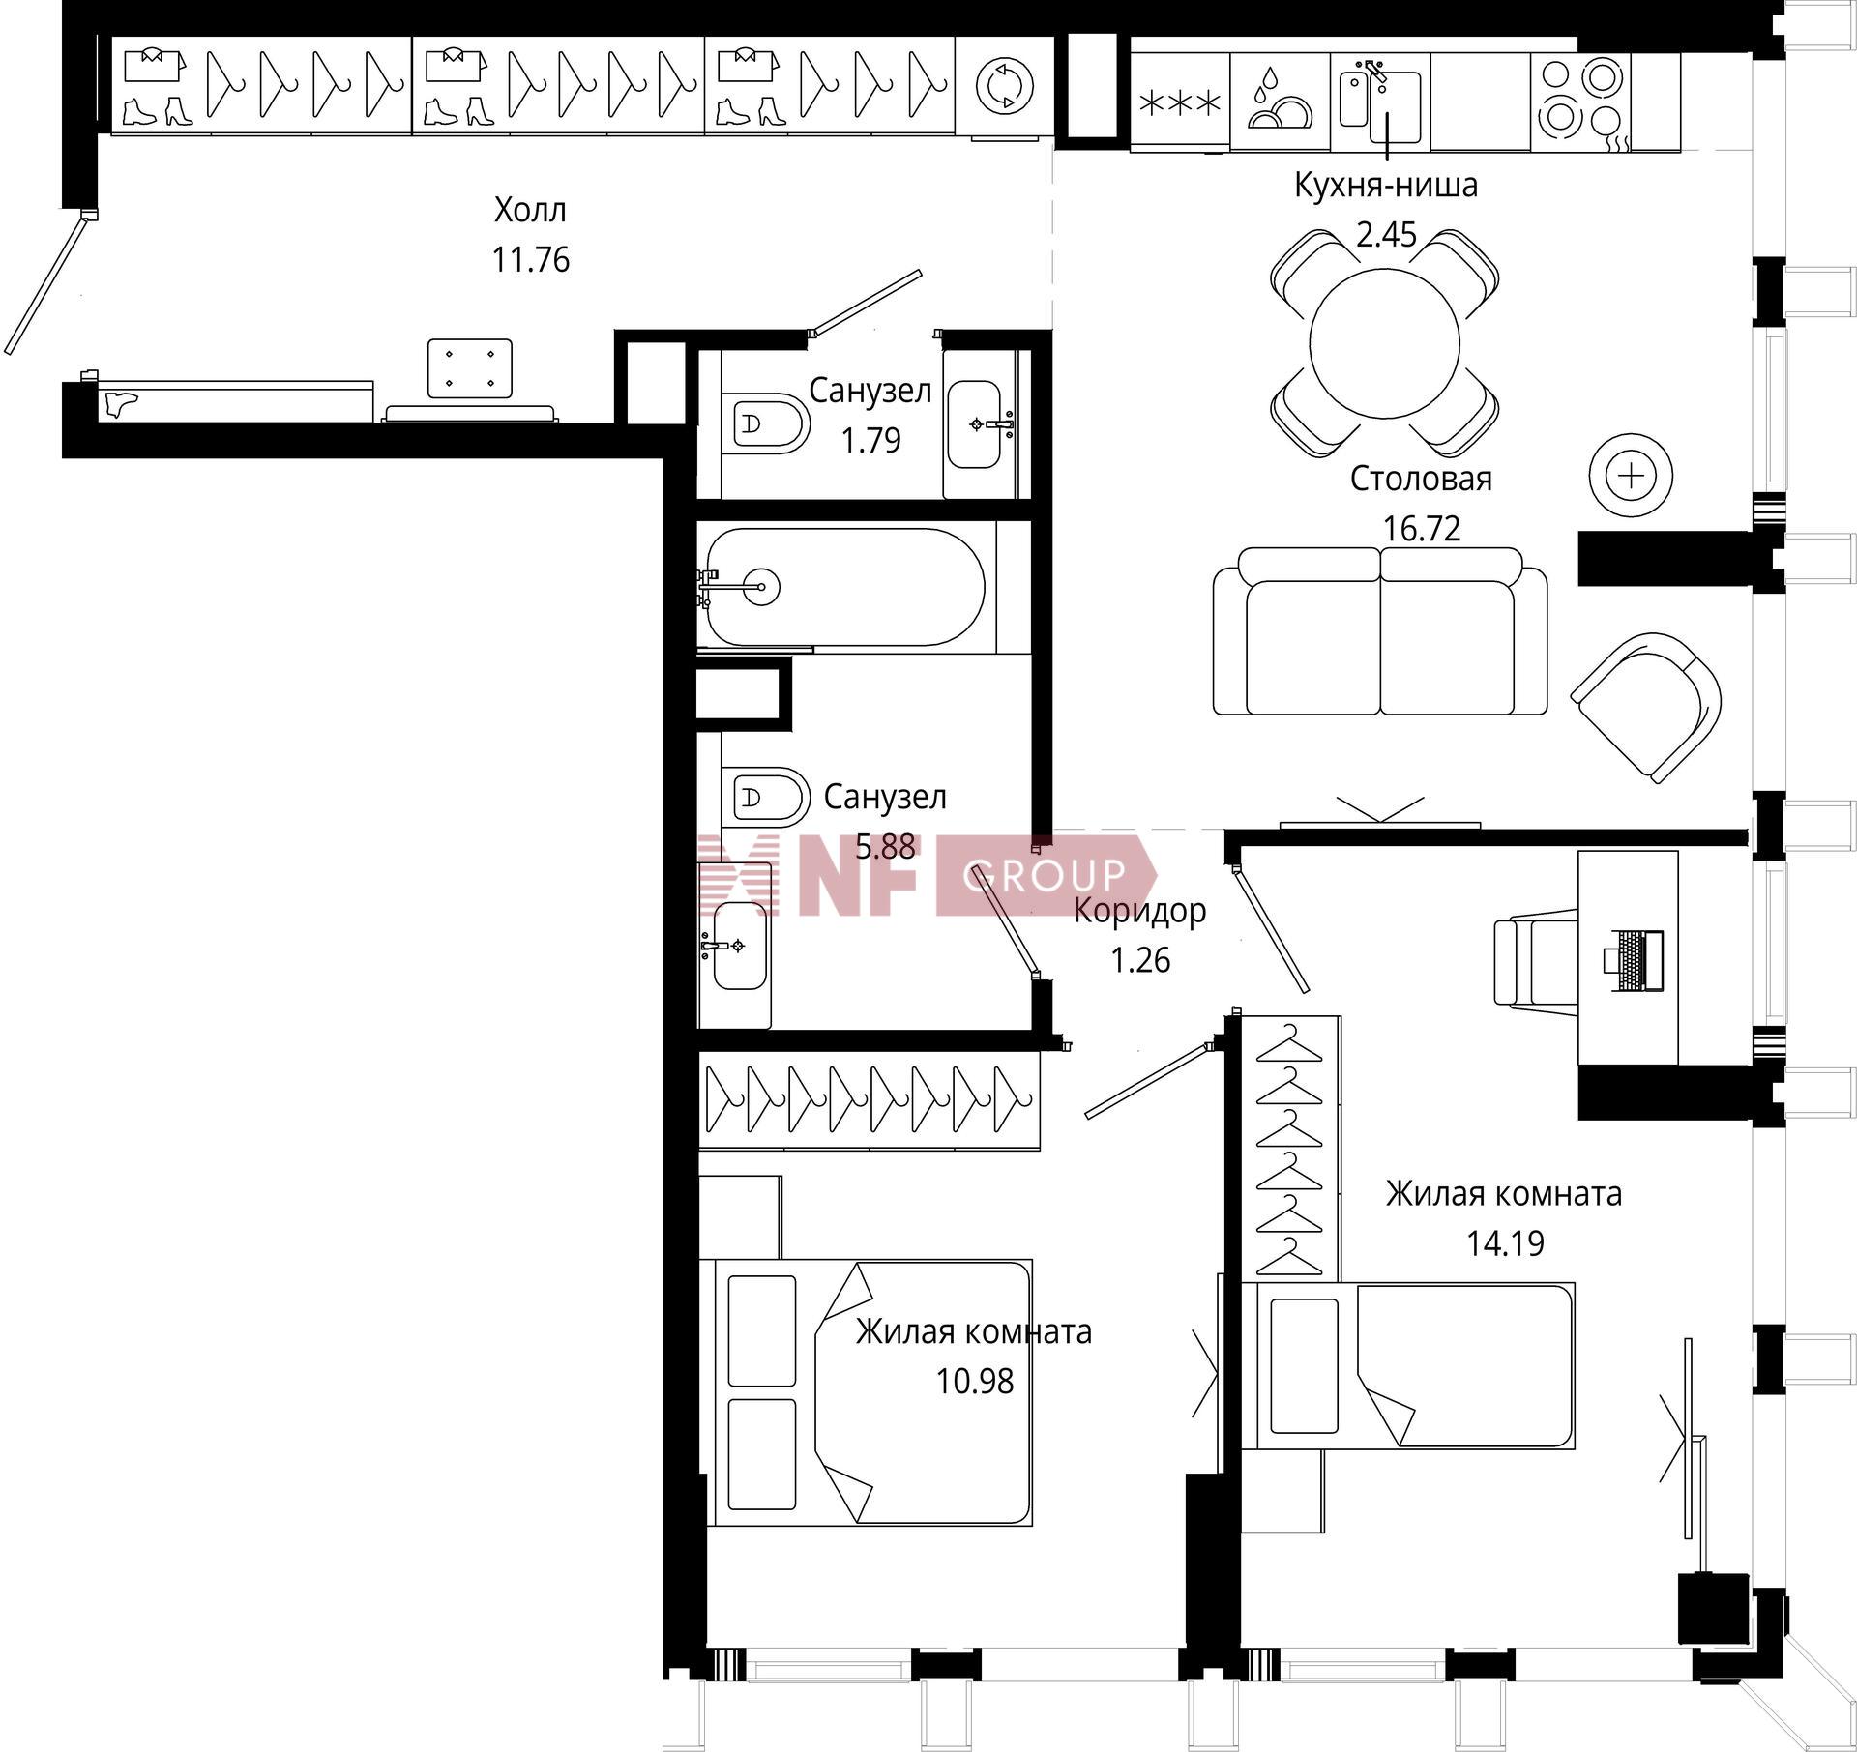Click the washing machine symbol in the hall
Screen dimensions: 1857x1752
[1004, 85]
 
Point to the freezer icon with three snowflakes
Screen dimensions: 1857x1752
[1180, 102]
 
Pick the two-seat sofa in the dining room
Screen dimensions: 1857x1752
[1380, 631]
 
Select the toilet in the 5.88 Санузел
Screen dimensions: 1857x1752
[764, 799]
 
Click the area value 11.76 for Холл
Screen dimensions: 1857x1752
[531, 259]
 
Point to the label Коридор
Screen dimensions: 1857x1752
[1140, 911]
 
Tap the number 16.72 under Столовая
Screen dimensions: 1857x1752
[1421, 528]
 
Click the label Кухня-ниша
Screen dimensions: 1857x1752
[1386, 185]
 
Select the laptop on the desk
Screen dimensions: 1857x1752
[1633, 960]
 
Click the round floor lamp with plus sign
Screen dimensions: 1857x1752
[1631, 476]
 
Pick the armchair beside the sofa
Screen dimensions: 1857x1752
[1645, 706]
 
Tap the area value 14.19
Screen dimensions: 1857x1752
[1505, 1242]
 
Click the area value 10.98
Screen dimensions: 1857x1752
[974, 1381]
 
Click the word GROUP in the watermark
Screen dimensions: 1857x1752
[1044, 875]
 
